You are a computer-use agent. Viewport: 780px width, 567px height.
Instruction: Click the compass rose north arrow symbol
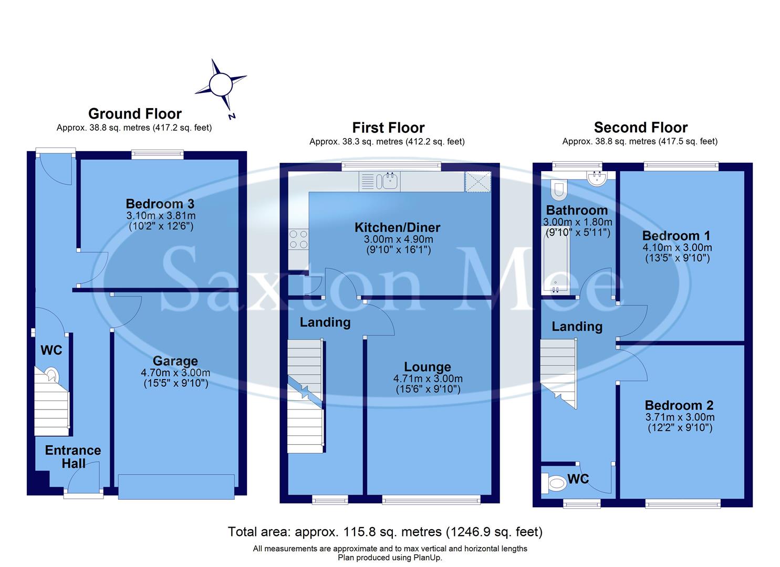click(221, 85)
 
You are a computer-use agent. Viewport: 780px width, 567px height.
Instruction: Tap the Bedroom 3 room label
click(160, 203)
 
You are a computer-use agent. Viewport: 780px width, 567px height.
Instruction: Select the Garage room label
click(175, 361)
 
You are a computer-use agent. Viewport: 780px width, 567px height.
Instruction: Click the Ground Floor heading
click(134, 113)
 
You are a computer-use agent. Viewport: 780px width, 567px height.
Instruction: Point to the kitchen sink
click(390, 182)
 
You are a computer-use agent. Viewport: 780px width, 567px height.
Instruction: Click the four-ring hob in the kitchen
click(298, 239)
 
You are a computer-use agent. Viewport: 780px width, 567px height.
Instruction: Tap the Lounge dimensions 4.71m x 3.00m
click(428, 379)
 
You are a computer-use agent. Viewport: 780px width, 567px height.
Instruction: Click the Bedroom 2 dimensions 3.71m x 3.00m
click(680, 417)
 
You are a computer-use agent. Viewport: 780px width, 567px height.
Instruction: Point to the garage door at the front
click(176, 486)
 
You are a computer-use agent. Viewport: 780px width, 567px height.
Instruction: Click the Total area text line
click(384, 532)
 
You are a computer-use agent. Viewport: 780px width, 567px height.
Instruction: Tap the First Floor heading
click(388, 128)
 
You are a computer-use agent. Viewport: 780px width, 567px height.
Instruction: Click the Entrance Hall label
click(73, 456)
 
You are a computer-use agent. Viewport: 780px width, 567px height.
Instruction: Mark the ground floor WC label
click(51, 350)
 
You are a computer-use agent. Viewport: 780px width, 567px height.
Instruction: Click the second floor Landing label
click(576, 327)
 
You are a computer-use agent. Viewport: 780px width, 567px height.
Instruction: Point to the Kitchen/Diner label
click(397, 227)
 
